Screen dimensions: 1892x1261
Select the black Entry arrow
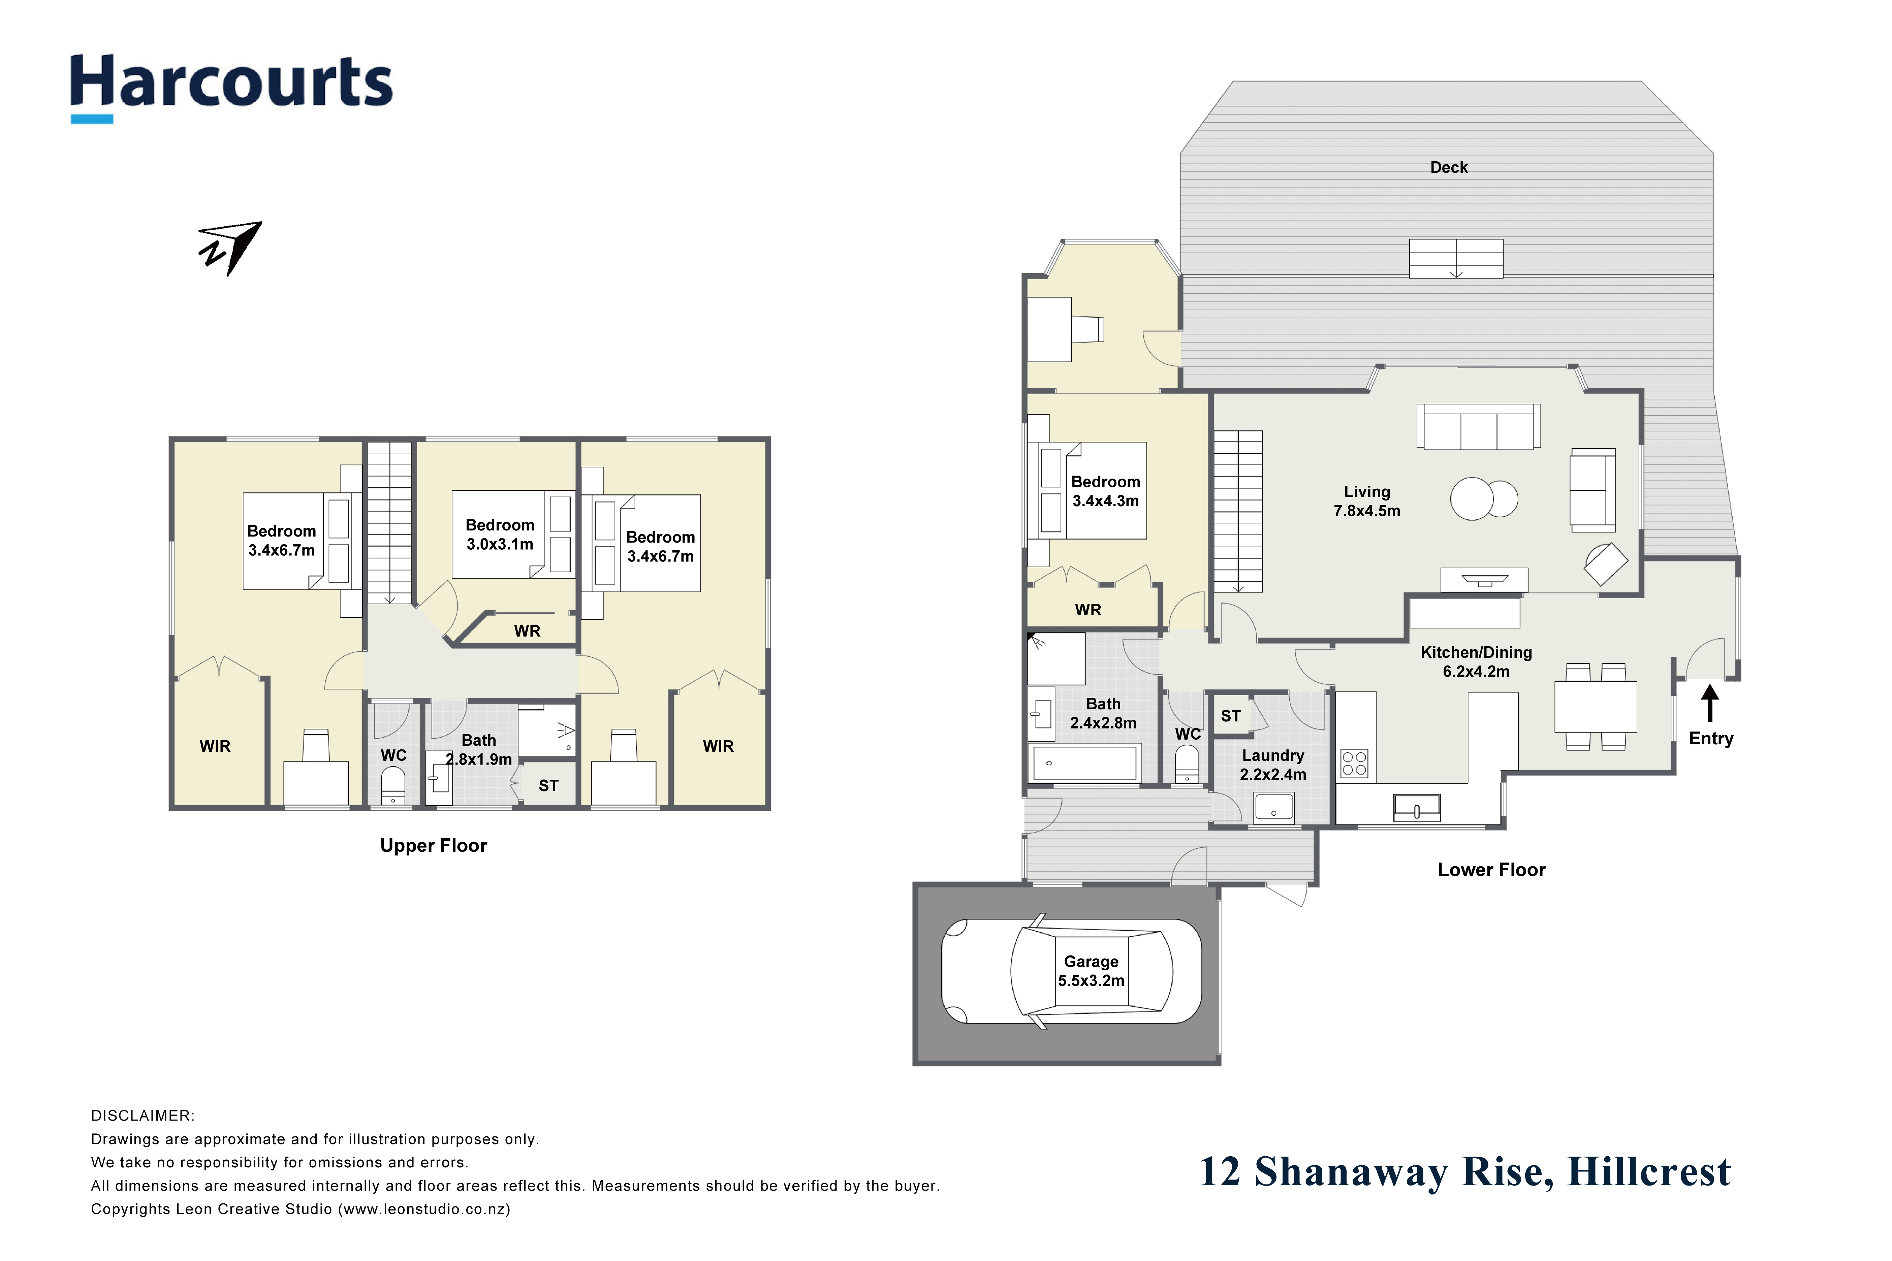pyautogui.click(x=1710, y=702)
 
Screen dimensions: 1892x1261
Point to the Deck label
pyautogui.click(x=1449, y=167)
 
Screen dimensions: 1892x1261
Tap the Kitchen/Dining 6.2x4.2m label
pyautogui.click(x=1476, y=662)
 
